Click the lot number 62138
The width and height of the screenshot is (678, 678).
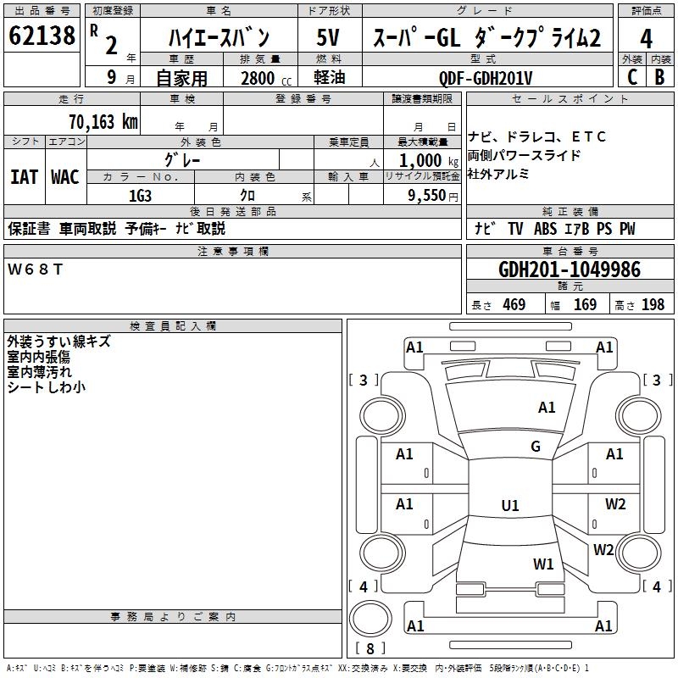click(42, 36)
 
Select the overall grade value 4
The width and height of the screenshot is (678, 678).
click(647, 39)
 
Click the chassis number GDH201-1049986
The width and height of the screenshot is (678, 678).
click(570, 270)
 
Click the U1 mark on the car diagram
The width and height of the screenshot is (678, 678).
click(509, 506)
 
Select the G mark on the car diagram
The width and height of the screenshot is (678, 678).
click(536, 447)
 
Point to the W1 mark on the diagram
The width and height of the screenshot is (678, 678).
click(543, 564)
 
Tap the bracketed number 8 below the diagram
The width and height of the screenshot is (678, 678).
click(370, 649)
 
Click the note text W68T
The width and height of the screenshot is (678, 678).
click(35, 269)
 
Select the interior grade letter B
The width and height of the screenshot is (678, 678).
click(659, 76)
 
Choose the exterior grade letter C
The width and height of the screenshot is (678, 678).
click(631, 76)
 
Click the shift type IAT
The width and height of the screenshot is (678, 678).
click(24, 177)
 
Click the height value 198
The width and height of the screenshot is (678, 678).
click(653, 305)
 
